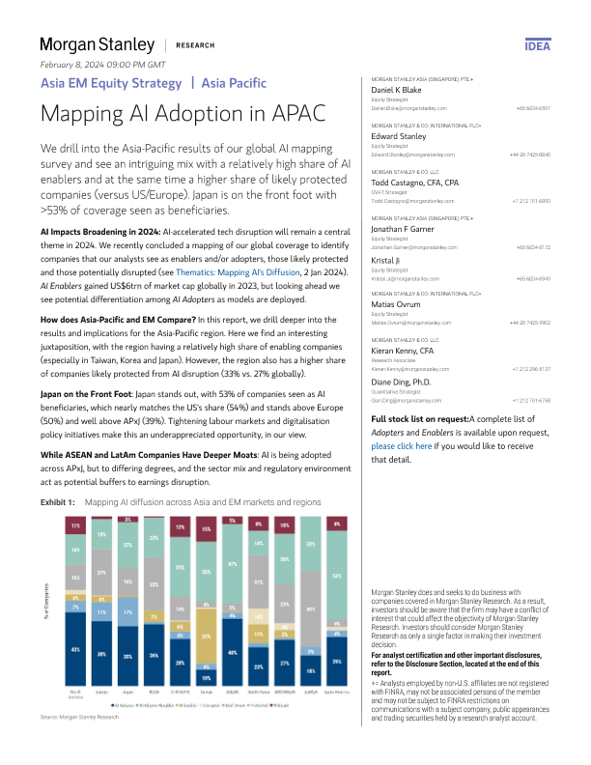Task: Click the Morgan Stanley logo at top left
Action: [97, 44]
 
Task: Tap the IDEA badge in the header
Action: [537, 45]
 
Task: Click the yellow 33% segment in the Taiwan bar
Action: [207, 637]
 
